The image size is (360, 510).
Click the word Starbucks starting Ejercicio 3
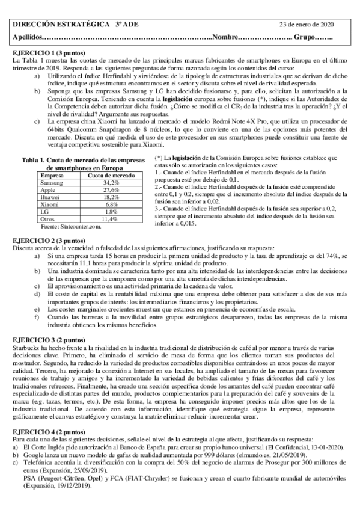26,348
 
